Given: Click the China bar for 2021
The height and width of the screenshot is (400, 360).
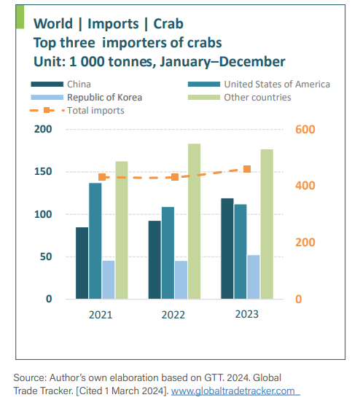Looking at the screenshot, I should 81,263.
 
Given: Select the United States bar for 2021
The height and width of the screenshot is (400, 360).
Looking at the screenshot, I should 95,240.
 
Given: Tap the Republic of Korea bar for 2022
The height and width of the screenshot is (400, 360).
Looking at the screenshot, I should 180,280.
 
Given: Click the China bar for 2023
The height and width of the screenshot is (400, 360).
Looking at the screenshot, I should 227,248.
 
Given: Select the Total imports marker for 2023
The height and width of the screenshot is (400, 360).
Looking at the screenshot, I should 247,169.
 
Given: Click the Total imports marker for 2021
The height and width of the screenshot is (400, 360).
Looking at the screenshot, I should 102,177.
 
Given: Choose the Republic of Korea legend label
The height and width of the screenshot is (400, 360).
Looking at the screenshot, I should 104,97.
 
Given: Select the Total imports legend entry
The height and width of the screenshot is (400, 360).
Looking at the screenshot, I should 95,110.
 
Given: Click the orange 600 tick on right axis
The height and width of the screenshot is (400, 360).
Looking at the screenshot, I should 305,130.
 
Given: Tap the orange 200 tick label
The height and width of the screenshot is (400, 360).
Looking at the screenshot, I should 305,243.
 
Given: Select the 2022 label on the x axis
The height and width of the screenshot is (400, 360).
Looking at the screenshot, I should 173,314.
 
